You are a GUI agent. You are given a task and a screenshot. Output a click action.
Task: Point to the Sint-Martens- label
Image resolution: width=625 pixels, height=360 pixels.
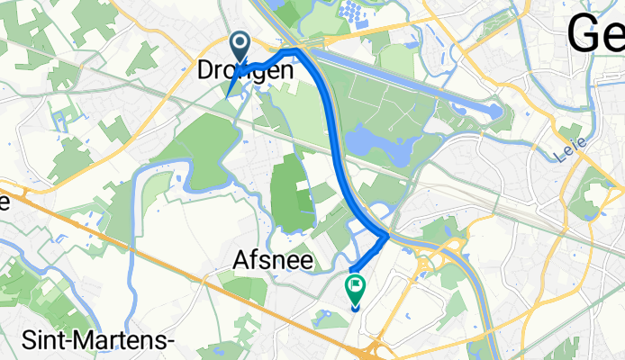(87, 338)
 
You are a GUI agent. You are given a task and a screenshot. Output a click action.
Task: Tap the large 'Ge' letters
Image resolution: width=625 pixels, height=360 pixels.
(595, 36)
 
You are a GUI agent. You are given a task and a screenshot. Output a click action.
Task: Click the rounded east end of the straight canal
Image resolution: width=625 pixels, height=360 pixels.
(494, 111)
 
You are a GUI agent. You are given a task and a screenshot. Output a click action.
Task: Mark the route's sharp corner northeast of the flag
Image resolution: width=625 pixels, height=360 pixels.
(387, 235)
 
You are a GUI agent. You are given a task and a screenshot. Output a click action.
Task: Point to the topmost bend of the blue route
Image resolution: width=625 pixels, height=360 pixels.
(295, 49)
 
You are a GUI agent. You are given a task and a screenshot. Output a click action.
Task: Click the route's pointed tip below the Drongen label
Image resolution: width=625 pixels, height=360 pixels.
(231, 94)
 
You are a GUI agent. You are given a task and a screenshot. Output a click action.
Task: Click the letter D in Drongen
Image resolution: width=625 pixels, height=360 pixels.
(206, 70)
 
